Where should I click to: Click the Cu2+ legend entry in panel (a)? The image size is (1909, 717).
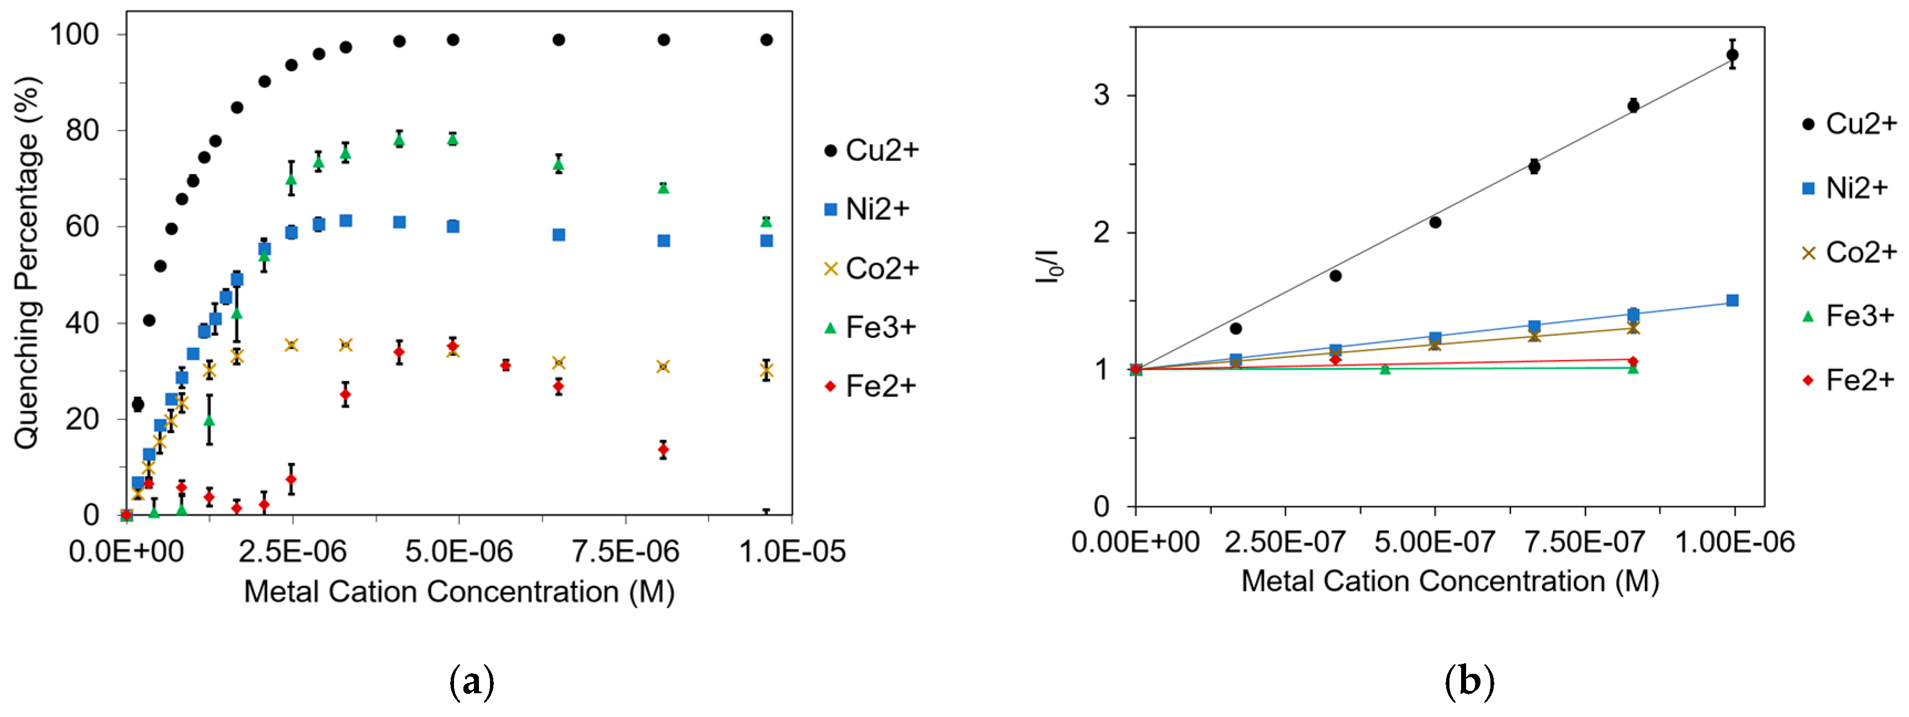(871, 150)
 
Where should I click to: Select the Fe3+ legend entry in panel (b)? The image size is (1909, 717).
(1848, 316)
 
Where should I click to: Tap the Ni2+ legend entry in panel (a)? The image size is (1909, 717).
(867, 210)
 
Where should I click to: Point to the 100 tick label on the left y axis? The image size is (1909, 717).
(74, 34)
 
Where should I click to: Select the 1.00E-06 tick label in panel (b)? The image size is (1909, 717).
(1734, 542)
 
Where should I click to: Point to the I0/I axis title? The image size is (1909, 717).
(1049, 267)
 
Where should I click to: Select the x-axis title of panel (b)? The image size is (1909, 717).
(1449, 581)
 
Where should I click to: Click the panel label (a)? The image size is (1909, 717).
(471, 682)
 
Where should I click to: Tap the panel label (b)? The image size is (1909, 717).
(1469, 682)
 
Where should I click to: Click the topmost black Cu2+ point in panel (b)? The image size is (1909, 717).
(1732, 55)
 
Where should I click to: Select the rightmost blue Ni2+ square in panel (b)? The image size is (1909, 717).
(1732, 301)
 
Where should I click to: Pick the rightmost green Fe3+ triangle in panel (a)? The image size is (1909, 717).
(766, 221)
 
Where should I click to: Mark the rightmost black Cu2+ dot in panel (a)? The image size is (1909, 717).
(766, 40)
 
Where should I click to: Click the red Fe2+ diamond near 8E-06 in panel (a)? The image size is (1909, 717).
(663, 450)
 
